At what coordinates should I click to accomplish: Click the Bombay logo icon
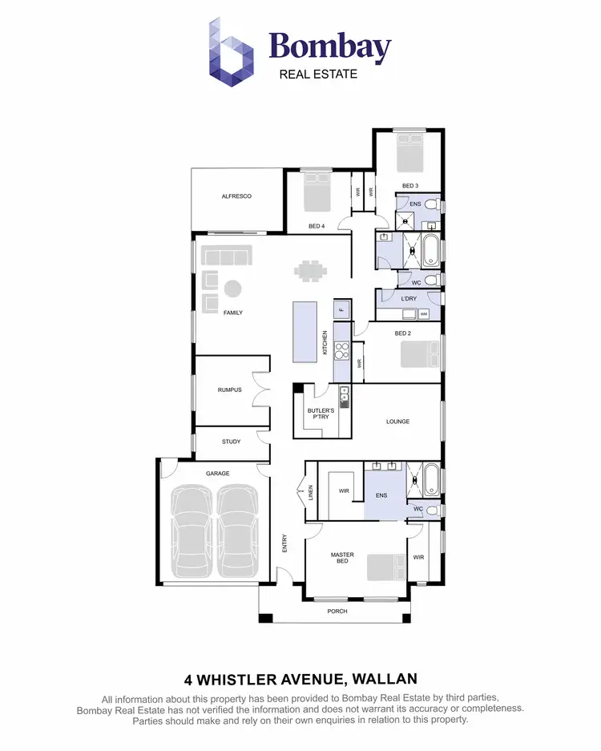point(231,52)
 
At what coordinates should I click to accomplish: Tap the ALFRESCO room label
point(236,196)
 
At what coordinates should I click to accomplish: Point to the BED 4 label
point(317,226)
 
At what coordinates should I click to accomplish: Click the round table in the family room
point(232,288)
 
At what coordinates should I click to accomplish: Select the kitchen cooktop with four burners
point(341,350)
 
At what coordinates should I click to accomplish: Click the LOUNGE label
point(398,422)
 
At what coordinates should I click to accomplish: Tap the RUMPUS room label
point(229,390)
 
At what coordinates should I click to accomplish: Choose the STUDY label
point(231,442)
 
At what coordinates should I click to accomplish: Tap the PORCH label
point(337,611)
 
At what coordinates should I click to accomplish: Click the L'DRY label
point(408,298)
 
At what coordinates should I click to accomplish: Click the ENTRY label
point(284,543)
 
